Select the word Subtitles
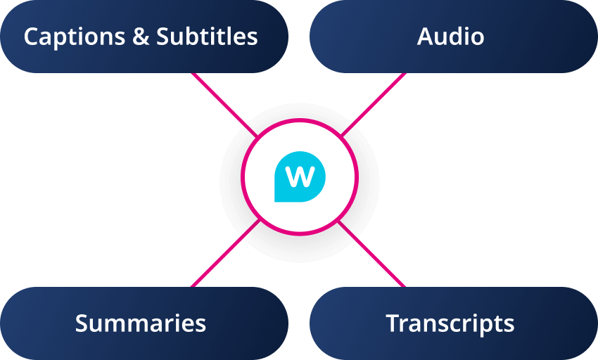[207, 37]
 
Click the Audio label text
[450, 37]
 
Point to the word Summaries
[141, 323]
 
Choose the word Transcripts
[450, 323]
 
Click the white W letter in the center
[300, 176]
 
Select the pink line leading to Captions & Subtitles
[224, 104]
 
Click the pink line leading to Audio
[373, 104]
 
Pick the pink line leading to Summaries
[224, 255]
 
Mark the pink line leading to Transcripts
[373, 255]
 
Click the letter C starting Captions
[32, 37]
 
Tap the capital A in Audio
[425, 37]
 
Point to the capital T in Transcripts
[393, 323]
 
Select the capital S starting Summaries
[82, 323]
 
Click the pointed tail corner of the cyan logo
[276, 200]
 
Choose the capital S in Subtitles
[163, 37]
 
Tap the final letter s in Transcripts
[509, 325]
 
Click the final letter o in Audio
[477, 38]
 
